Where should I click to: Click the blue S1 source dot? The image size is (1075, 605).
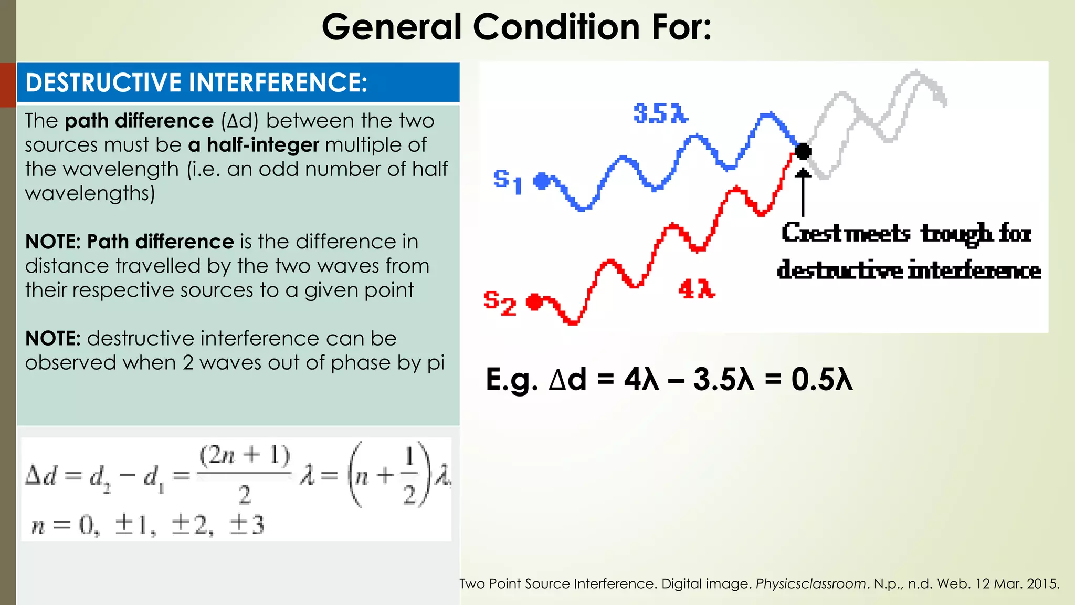point(541,181)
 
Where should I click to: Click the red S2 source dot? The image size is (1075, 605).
point(534,302)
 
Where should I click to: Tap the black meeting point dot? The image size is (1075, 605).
point(803,152)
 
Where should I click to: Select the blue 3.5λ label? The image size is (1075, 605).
point(660,113)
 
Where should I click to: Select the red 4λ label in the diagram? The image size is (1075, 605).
point(697,289)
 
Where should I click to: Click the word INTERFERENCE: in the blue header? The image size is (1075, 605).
point(278,83)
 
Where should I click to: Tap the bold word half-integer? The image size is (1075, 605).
point(262,145)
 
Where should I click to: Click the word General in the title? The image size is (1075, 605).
point(391,27)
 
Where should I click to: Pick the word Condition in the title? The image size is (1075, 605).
point(556,27)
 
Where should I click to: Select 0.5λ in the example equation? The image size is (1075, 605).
point(822,379)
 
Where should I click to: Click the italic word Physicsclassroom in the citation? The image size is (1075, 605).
point(810,583)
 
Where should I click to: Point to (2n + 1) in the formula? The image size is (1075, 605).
point(244,456)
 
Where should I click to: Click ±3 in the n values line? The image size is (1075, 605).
point(246,525)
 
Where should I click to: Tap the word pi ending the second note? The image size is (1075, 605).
point(436,363)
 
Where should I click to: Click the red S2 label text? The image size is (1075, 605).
point(499,303)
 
